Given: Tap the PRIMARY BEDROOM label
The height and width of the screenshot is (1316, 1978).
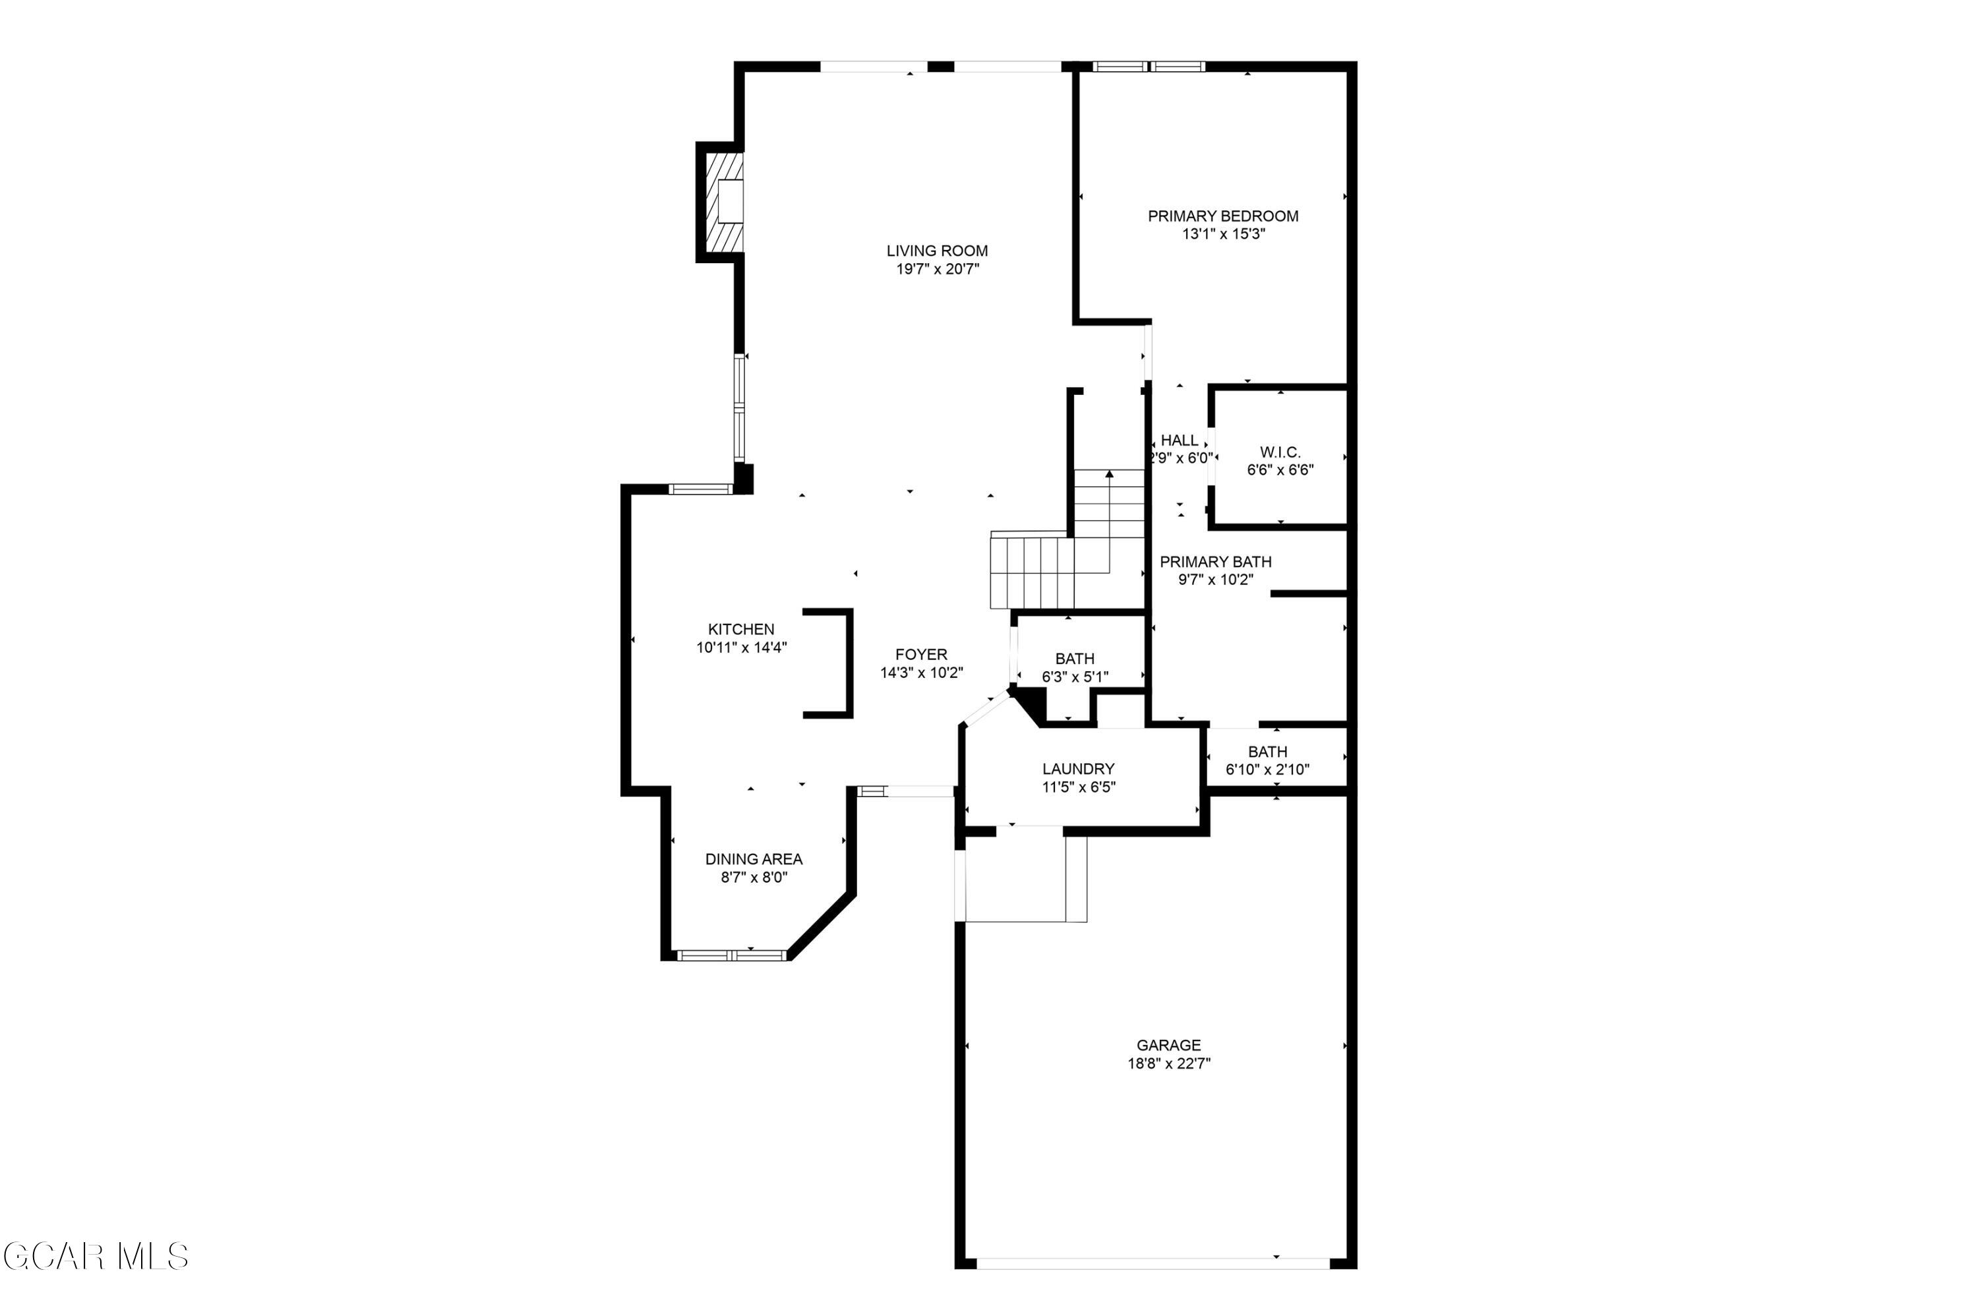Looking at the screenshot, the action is [1222, 216].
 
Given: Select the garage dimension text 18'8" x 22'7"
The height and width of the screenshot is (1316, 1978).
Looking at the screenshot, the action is [1168, 1063].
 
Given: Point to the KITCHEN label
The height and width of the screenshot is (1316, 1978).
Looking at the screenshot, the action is [741, 628].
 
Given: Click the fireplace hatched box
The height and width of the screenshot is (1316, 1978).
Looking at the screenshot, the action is [724, 202].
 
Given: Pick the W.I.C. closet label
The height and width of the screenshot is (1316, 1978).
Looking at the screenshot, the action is [1280, 452].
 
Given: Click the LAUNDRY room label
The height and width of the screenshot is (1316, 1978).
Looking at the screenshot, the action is [1079, 768].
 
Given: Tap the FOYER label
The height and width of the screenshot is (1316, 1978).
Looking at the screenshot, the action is [920, 654].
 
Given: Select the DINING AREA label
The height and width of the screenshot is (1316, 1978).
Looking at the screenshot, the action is [754, 858].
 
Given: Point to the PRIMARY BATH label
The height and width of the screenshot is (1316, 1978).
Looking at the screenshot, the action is [1215, 562].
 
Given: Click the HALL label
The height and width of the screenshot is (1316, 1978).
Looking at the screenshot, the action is [1179, 440].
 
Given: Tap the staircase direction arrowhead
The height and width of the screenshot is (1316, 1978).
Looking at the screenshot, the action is [1110, 474].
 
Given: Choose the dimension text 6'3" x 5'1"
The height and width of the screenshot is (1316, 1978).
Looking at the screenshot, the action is [1075, 676].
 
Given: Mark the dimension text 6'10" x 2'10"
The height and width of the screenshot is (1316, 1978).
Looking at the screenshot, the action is [1267, 769].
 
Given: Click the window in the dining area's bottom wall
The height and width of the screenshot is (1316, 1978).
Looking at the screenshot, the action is [732, 954].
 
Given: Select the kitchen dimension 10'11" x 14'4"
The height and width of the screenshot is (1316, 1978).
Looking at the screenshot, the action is [741, 647].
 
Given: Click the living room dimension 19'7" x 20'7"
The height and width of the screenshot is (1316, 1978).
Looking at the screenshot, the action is [938, 268].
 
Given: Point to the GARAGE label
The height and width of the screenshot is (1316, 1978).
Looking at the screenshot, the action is [1168, 1045].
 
